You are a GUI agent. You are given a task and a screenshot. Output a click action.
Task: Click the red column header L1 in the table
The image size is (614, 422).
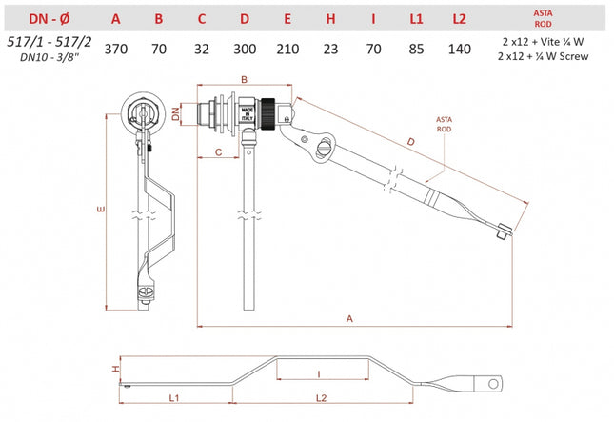click(x=415, y=17)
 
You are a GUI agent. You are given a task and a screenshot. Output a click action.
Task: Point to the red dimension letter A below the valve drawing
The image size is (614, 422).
click(x=348, y=318)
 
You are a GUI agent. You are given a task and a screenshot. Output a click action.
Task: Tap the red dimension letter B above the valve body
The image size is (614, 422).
click(x=244, y=80)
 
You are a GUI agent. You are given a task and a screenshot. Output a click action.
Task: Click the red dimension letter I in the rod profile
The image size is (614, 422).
click(x=319, y=374)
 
